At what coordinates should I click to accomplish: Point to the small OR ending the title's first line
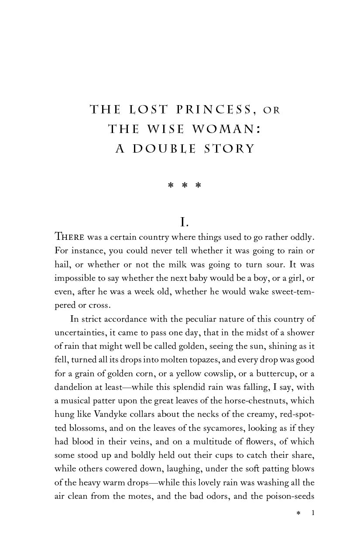click(x=271, y=110)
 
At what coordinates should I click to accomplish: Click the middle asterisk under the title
click(x=185, y=186)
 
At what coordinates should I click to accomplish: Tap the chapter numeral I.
click(x=185, y=222)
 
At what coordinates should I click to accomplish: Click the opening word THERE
click(x=69, y=237)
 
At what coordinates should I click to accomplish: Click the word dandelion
click(x=73, y=387)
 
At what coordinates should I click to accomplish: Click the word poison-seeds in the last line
click(x=290, y=496)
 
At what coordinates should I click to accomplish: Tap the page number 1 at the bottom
click(x=312, y=513)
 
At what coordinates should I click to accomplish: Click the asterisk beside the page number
click(x=298, y=514)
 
